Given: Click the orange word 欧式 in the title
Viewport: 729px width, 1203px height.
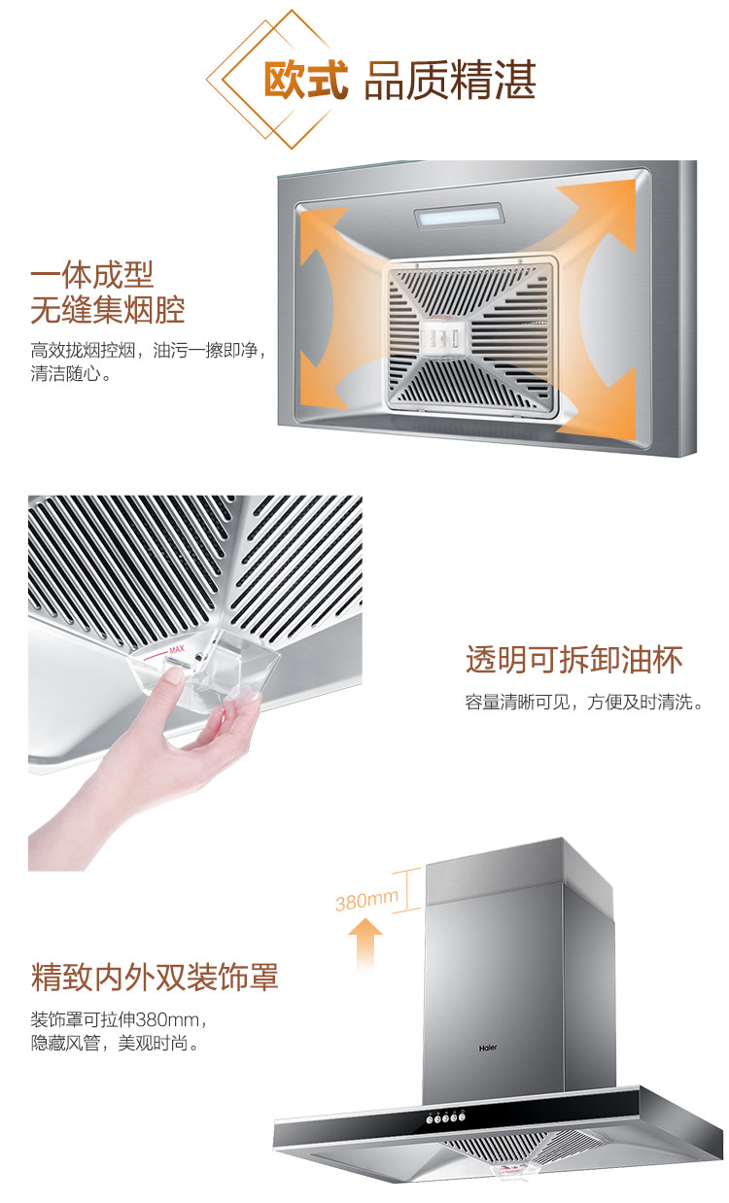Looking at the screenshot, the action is (x=305, y=80).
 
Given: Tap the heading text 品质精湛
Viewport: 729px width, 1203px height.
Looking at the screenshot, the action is (x=450, y=80).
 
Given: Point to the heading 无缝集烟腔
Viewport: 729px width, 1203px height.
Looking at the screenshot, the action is (x=108, y=310).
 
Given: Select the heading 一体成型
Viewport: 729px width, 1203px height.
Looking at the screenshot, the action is (x=92, y=274).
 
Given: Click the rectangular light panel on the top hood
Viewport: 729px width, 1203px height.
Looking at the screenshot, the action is (x=460, y=215).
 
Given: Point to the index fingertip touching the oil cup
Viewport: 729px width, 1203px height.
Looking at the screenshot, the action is (x=174, y=675).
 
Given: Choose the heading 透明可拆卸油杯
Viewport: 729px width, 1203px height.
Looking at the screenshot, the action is (x=574, y=659).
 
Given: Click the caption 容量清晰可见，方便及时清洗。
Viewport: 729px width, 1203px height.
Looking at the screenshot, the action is (x=584, y=702).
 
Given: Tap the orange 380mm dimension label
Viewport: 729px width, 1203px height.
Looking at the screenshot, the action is (x=366, y=900).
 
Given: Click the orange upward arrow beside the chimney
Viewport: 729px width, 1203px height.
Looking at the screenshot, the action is (x=365, y=944).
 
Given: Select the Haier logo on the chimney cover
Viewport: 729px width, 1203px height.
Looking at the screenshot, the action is (x=488, y=1048).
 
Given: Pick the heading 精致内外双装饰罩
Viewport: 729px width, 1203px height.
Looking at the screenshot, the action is (x=155, y=977).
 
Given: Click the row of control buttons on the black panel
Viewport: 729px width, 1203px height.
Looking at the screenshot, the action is (x=445, y=1117).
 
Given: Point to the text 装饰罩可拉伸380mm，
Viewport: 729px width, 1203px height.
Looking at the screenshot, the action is (x=120, y=1019).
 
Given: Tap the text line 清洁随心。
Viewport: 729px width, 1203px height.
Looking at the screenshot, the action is (x=71, y=373).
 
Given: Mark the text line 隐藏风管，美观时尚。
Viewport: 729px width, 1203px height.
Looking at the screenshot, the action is (x=115, y=1043).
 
